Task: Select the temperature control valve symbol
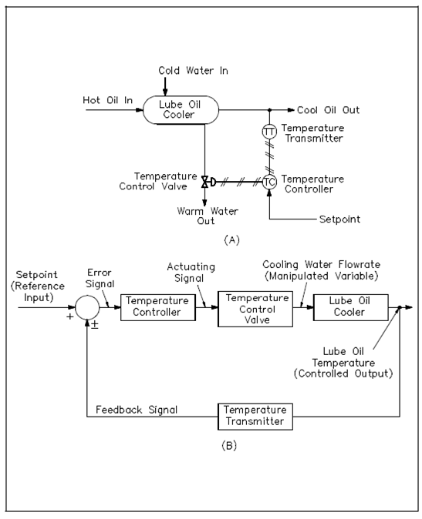[x=208, y=182]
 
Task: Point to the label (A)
[x=231, y=239]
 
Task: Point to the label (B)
[x=229, y=446]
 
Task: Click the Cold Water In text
[x=193, y=71]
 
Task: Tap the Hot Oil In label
[x=108, y=100]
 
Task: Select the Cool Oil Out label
[x=328, y=110]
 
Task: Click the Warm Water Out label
[x=208, y=216]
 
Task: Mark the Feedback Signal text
[x=137, y=410]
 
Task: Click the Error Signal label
[x=100, y=278]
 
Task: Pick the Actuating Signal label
[x=191, y=273]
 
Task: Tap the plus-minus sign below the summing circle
[x=95, y=324]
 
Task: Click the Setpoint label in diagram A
[x=339, y=219]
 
